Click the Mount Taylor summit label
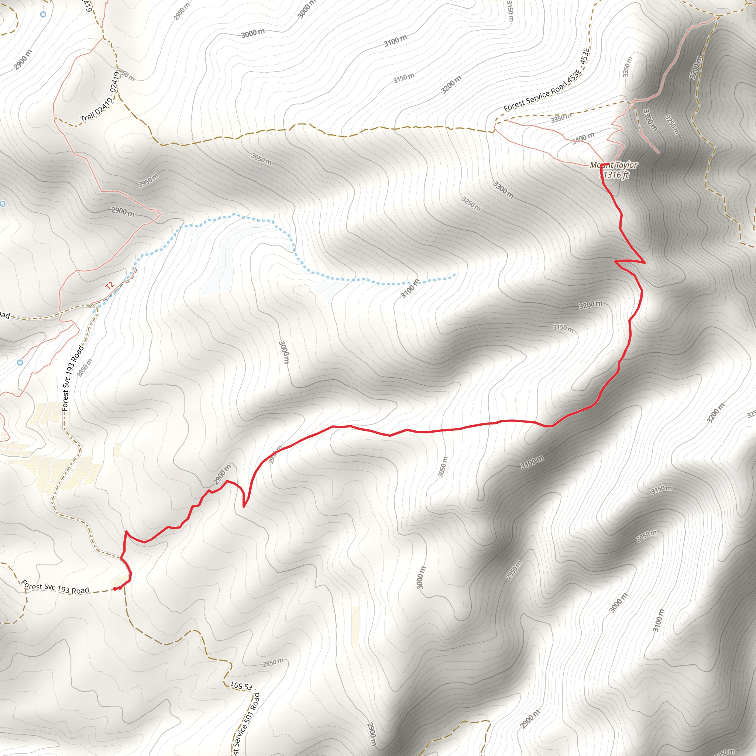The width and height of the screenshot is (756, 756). coord(614,165)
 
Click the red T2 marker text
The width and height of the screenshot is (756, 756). coord(110,285)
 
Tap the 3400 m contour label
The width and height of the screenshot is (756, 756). coord(583,138)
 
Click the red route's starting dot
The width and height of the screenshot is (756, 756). coord(115,589)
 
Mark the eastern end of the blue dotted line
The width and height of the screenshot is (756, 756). coord(455,275)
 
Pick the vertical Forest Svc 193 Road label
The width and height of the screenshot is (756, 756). coord(73,378)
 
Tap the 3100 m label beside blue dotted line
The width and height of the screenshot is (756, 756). coord(410,288)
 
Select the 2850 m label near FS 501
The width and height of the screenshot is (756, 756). coord(273,663)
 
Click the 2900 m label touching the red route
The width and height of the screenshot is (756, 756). coord(222,474)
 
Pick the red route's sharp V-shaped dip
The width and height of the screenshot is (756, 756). coord(244,507)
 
